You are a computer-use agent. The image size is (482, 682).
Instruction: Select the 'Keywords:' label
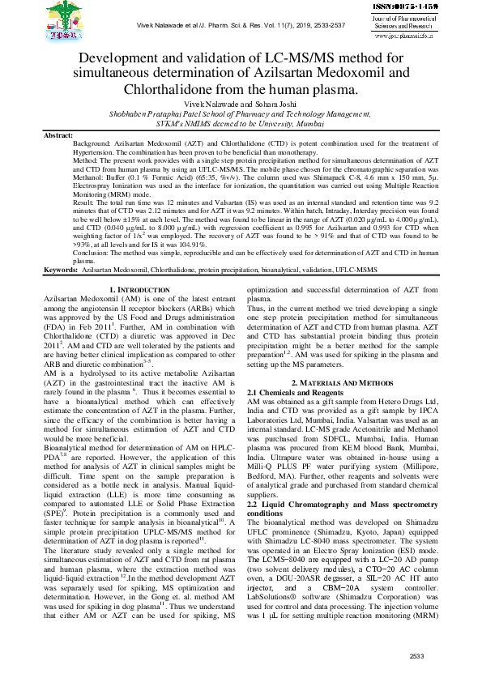pos(61,291)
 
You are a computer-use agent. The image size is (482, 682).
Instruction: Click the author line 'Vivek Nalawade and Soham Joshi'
pos(241,107)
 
